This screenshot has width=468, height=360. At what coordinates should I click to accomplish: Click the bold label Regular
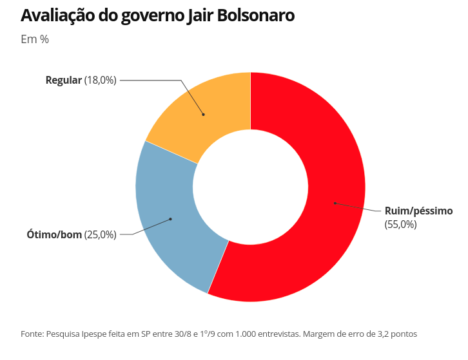[x=63, y=81]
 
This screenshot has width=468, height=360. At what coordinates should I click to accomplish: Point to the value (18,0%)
[x=101, y=81]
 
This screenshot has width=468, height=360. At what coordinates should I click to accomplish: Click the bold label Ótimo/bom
[x=54, y=234]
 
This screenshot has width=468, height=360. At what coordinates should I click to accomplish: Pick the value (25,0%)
[x=101, y=234]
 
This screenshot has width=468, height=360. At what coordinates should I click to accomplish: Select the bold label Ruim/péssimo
[x=418, y=211]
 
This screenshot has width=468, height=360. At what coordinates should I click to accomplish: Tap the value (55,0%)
[x=401, y=224]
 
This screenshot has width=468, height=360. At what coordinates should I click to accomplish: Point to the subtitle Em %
[x=35, y=39]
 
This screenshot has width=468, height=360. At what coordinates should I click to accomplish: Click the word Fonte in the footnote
[x=32, y=334]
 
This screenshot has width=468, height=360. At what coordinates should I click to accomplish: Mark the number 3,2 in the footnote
[x=380, y=334]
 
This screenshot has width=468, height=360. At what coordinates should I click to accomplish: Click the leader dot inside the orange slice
[x=204, y=115]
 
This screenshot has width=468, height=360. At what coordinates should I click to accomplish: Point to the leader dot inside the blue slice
[x=170, y=219]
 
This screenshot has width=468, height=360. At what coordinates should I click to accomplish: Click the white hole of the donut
[x=250, y=187]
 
